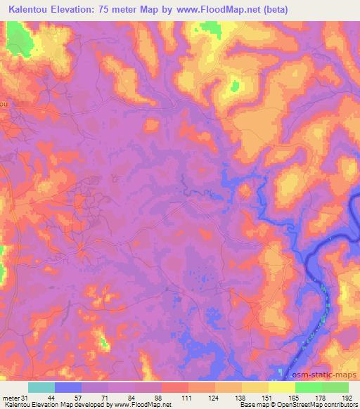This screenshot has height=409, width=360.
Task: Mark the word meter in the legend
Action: tap(9, 397)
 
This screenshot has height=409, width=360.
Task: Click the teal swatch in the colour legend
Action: tap(41, 387)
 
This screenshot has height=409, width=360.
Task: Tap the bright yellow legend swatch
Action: tap(282, 387)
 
